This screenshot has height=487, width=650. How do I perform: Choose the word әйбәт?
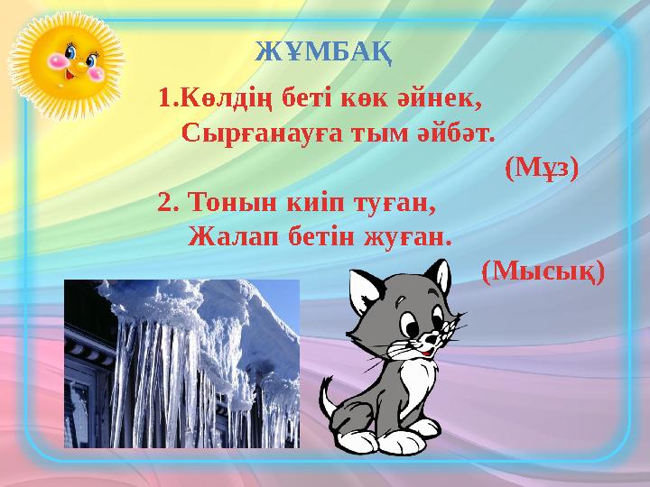click(455, 133)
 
